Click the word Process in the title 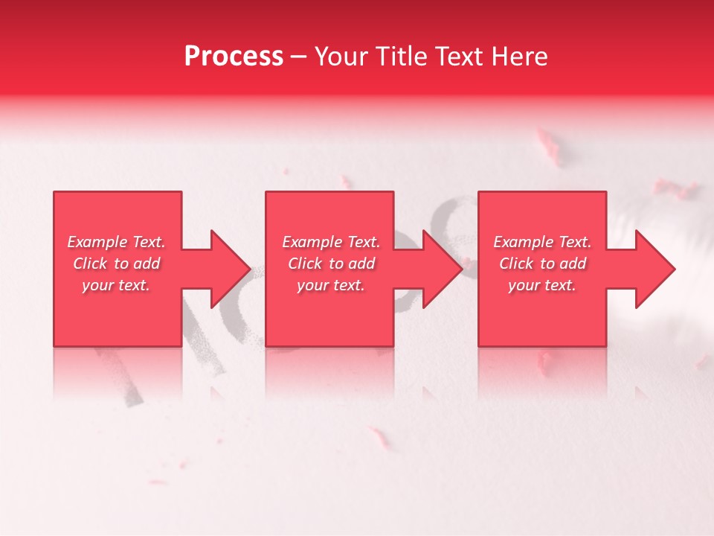click(234, 56)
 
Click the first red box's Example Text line click(117, 242)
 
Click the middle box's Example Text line click(331, 242)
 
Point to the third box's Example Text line click(542, 242)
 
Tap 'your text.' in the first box click(117, 285)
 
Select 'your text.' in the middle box click(331, 285)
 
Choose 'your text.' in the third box click(542, 285)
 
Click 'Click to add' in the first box click(117, 264)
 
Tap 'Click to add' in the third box click(542, 264)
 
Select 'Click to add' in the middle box click(331, 264)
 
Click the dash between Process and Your click(299, 57)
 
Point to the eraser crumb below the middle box click(379, 437)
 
